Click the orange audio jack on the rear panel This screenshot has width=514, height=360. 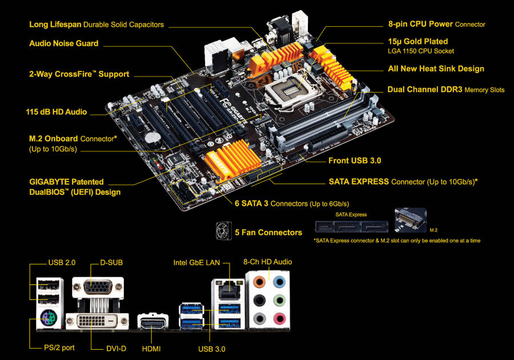tap(259, 281)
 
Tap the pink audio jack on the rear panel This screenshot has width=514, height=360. tap(279, 318)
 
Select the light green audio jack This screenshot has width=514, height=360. tap(279, 299)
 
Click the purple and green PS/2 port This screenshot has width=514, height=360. tap(49, 318)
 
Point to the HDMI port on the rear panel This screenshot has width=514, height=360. tap(152, 323)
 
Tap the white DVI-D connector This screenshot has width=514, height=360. tap(97, 322)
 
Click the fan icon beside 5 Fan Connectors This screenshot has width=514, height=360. tap(224, 231)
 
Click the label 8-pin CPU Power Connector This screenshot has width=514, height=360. tap(437, 24)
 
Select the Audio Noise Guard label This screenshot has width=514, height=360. tap(64, 43)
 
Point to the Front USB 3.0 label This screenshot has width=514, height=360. tap(355, 161)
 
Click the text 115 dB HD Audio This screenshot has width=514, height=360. tap(57, 112)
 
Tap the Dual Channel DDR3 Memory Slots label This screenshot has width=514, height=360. tap(446, 90)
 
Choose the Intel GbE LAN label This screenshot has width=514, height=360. tap(196, 263)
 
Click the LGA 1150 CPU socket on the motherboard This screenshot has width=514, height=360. tap(291, 90)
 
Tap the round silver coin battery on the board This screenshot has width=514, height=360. tap(152, 137)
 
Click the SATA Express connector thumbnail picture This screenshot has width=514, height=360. tap(351, 227)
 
